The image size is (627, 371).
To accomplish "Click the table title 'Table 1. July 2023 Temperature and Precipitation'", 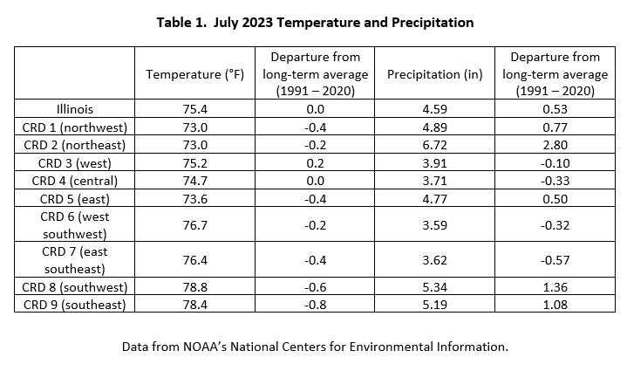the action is (x=315, y=23).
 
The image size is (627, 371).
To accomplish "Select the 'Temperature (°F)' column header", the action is (x=194, y=74).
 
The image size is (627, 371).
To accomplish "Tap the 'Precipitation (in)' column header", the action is (x=434, y=74).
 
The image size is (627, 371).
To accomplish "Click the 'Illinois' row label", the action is (x=75, y=109).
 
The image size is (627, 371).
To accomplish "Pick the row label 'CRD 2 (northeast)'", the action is (x=75, y=145).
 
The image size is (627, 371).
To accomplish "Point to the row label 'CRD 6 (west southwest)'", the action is (x=75, y=225).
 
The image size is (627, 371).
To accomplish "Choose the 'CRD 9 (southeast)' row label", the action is (x=75, y=305).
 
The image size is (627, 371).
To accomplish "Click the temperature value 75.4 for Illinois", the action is (x=194, y=109).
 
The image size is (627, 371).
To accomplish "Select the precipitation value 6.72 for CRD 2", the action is (x=434, y=145).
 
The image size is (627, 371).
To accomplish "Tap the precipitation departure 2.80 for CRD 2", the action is (x=555, y=145).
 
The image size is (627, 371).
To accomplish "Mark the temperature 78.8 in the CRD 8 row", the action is (x=194, y=287).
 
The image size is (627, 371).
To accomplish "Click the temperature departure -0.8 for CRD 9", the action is (x=315, y=305).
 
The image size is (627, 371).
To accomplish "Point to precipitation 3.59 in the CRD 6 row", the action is (x=434, y=225).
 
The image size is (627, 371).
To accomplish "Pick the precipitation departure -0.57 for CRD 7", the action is (x=555, y=260).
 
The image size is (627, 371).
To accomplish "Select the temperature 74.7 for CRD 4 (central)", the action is (x=194, y=181).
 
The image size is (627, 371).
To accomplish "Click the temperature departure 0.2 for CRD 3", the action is (x=315, y=163).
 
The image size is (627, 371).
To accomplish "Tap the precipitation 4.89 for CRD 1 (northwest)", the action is (x=434, y=127).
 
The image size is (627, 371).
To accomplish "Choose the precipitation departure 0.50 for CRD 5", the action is (x=555, y=199).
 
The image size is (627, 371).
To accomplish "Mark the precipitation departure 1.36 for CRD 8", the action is (x=555, y=287).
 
